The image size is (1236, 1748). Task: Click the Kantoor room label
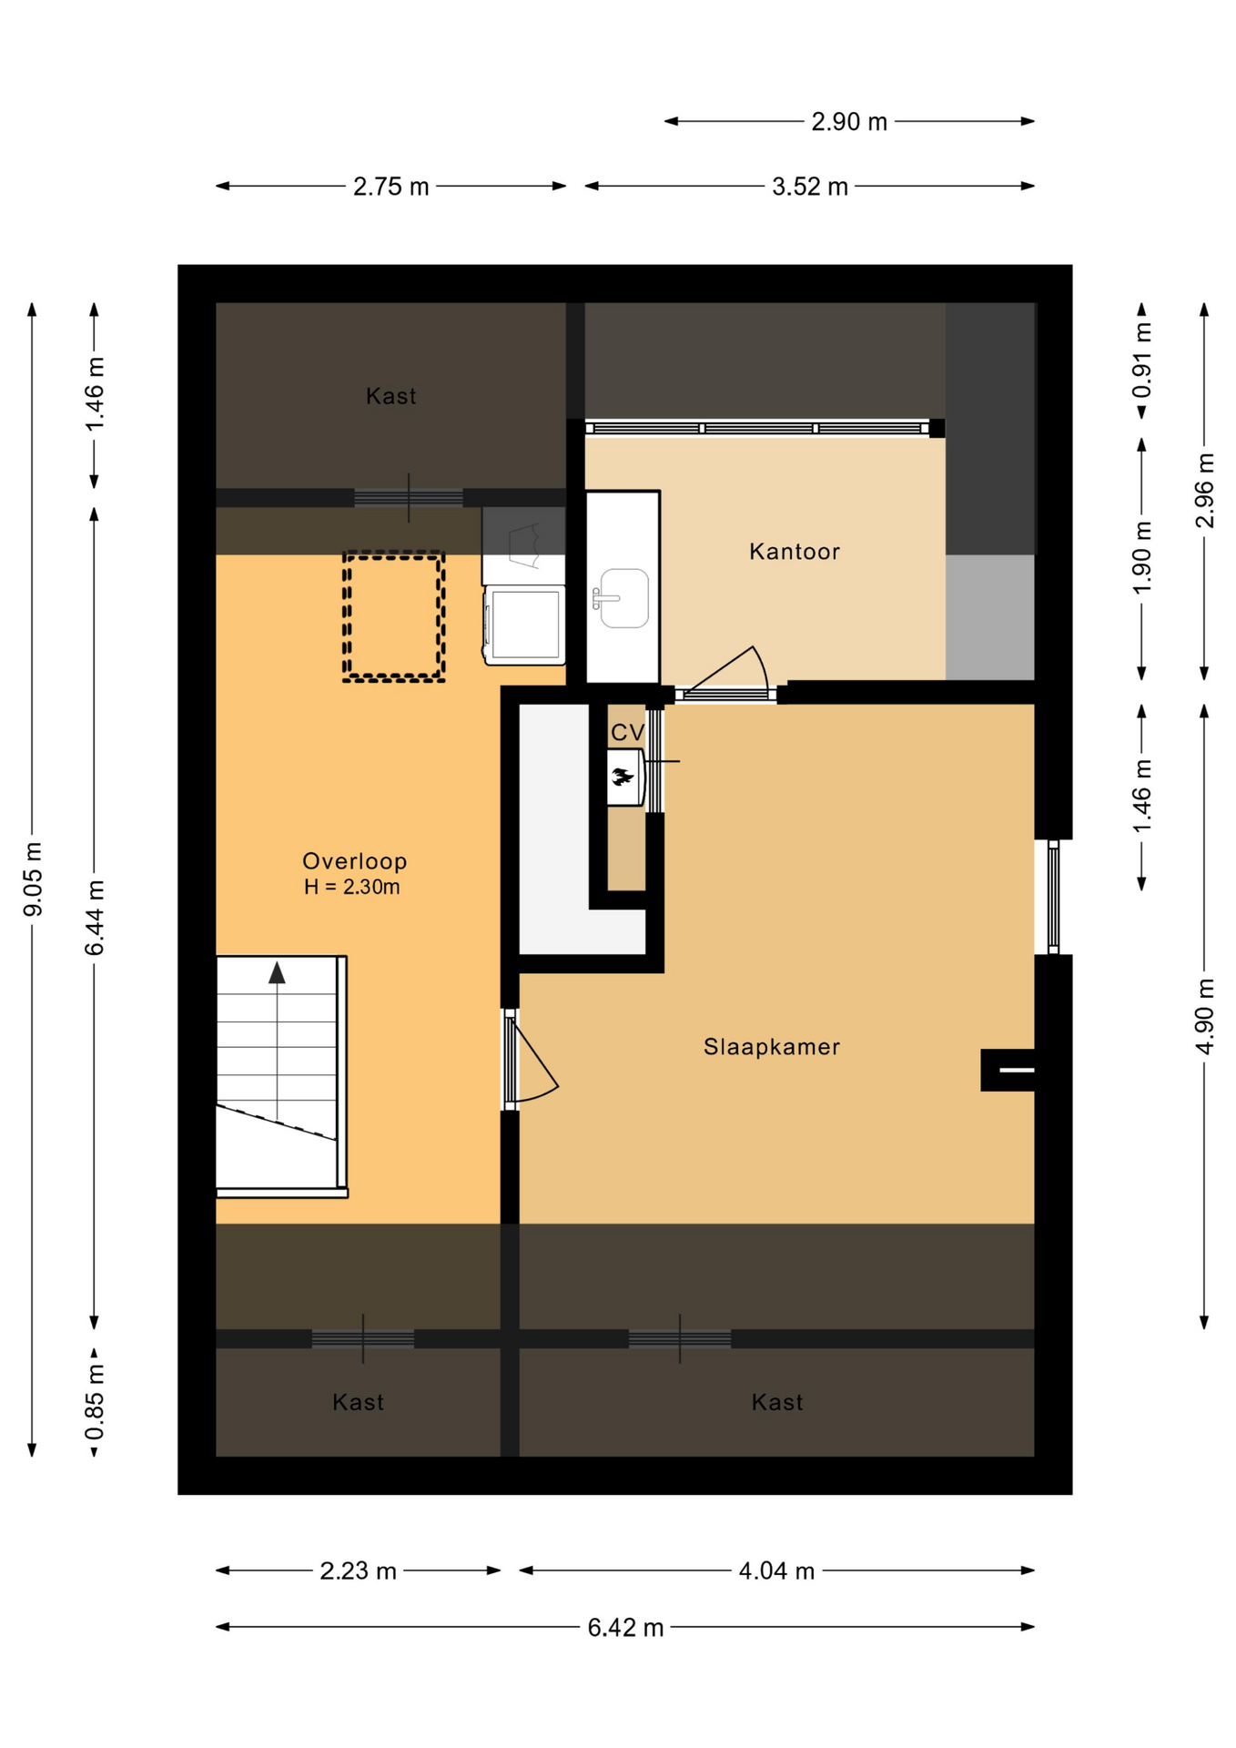point(794,552)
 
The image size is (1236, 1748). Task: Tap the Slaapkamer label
point(772,1047)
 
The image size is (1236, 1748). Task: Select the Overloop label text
point(355,861)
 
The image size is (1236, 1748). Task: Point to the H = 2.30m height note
point(351,887)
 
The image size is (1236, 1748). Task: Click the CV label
point(628,733)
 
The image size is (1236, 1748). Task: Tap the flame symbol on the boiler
point(623,777)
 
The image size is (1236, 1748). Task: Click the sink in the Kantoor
point(623,598)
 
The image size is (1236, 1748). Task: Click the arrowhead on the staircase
point(277,972)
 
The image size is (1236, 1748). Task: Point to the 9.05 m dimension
point(33,879)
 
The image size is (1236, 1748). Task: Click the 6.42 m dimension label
point(625,1627)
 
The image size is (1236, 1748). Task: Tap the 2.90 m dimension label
point(849,122)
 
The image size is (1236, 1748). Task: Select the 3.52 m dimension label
point(810,187)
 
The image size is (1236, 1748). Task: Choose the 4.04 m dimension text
point(776,1570)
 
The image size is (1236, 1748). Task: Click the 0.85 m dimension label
point(95,1403)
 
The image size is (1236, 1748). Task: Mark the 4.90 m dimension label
point(1205,1016)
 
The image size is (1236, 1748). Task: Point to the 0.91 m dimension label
point(1142,361)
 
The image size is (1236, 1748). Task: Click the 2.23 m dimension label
point(358,1570)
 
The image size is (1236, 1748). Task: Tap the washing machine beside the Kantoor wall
point(524,624)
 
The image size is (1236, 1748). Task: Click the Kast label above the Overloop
point(391,396)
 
